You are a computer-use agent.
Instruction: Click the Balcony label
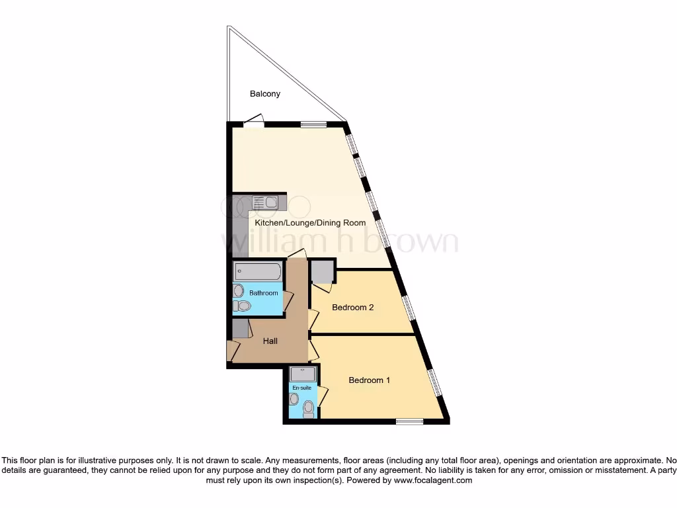[x=264, y=94]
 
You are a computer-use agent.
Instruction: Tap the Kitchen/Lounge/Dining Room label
[x=310, y=223]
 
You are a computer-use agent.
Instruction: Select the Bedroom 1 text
[x=370, y=380]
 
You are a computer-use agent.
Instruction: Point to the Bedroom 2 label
[x=353, y=307]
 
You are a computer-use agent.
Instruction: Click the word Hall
[x=270, y=341]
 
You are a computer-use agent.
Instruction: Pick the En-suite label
[x=301, y=388]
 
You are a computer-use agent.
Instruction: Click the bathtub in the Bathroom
[x=257, y=272]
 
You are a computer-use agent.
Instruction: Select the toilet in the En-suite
[x=307, y=411]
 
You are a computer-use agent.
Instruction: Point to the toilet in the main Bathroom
[x=243, y=306]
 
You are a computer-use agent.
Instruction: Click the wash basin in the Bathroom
[x=238, y=290]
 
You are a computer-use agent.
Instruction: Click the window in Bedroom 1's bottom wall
[x=409, y=420]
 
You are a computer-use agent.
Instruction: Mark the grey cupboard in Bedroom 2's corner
[x=322, y=272]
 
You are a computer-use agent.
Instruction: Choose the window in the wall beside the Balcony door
[x=313, y=123]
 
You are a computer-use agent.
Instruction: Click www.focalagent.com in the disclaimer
[x=432, y=481]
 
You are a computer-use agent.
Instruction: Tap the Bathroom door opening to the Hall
[x=288, y=302]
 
